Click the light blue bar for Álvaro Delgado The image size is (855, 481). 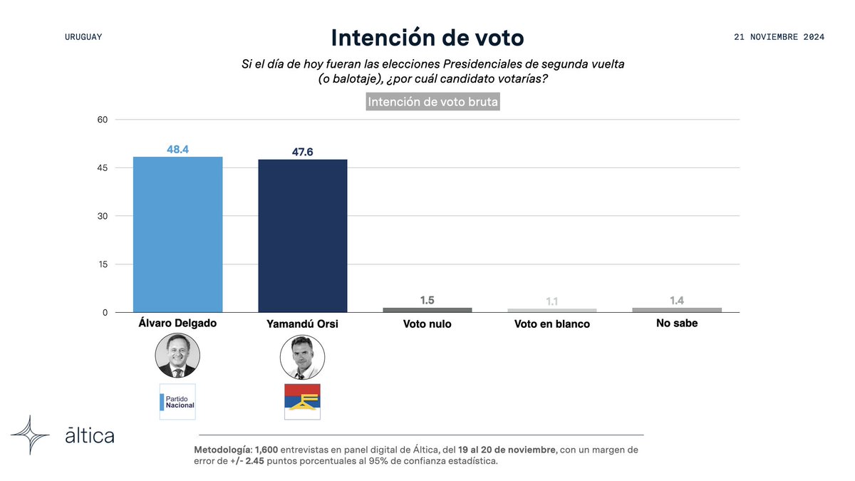(x=178, y=234)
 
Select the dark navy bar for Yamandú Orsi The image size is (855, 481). (x=302, y=236)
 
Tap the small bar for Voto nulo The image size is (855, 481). (x=427, y=310)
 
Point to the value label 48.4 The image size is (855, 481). (x=177, y=149)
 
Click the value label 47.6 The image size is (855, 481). (x=302, y=152)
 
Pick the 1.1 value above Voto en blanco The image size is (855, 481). (x=551, y=301)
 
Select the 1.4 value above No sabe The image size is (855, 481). (x=677, y=301)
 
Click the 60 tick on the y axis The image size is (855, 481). (x=102, y=120)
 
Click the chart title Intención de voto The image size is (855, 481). (x=427, y=38)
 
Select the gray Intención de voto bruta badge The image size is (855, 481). (x=432, y=102)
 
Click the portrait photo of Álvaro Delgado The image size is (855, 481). (x=177, y=356)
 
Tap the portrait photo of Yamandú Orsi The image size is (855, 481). (x=302, y=358)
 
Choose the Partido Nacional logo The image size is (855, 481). (x=177, y=401)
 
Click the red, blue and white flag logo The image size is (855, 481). (x=302, y=401)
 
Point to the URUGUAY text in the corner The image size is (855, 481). (x=83, y=37)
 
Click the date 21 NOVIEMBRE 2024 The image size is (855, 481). (x=779, y=37)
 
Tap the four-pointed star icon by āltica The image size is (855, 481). (x=30, y=435)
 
